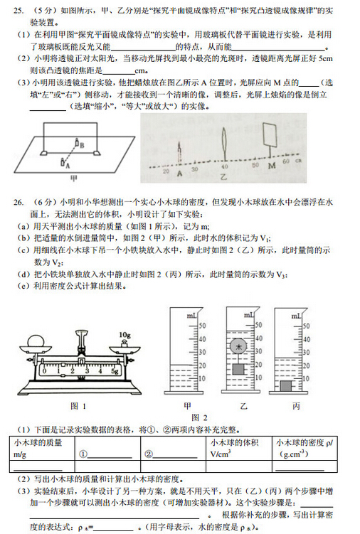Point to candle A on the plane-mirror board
tap(70, 159)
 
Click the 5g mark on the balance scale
tap(116, 371)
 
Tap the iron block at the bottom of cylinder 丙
tap(285, 385)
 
